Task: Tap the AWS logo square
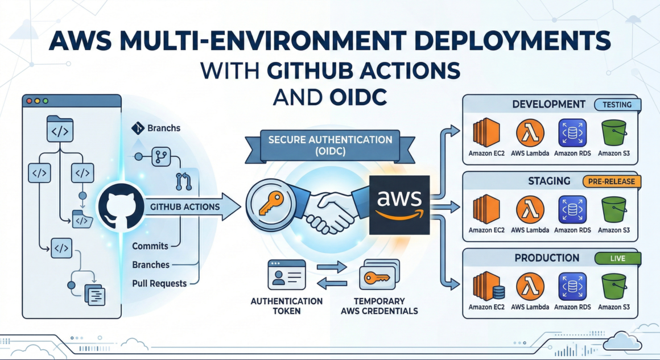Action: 399,205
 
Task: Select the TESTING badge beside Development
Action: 617,105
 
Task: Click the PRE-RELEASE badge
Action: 612,181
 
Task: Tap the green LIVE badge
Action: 617,258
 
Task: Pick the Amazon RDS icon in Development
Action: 572,132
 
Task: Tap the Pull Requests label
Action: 159,283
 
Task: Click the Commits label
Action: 150,246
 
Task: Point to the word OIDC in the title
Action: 358,96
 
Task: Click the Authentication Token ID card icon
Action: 287,276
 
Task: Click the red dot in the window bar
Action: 29,101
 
